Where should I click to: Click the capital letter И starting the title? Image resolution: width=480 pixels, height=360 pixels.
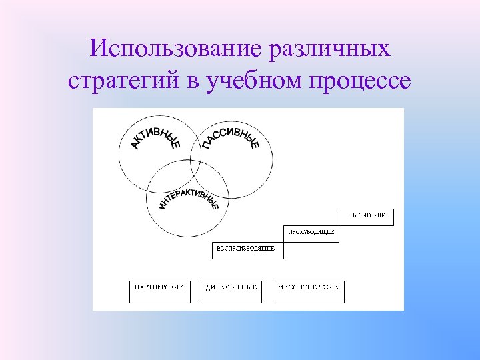[x=97, y=48]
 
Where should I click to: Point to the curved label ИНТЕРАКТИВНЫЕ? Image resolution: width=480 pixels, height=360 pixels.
[x=189, y=193]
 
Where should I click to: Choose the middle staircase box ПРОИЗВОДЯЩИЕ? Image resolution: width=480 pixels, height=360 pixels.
[x=311, y=233]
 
